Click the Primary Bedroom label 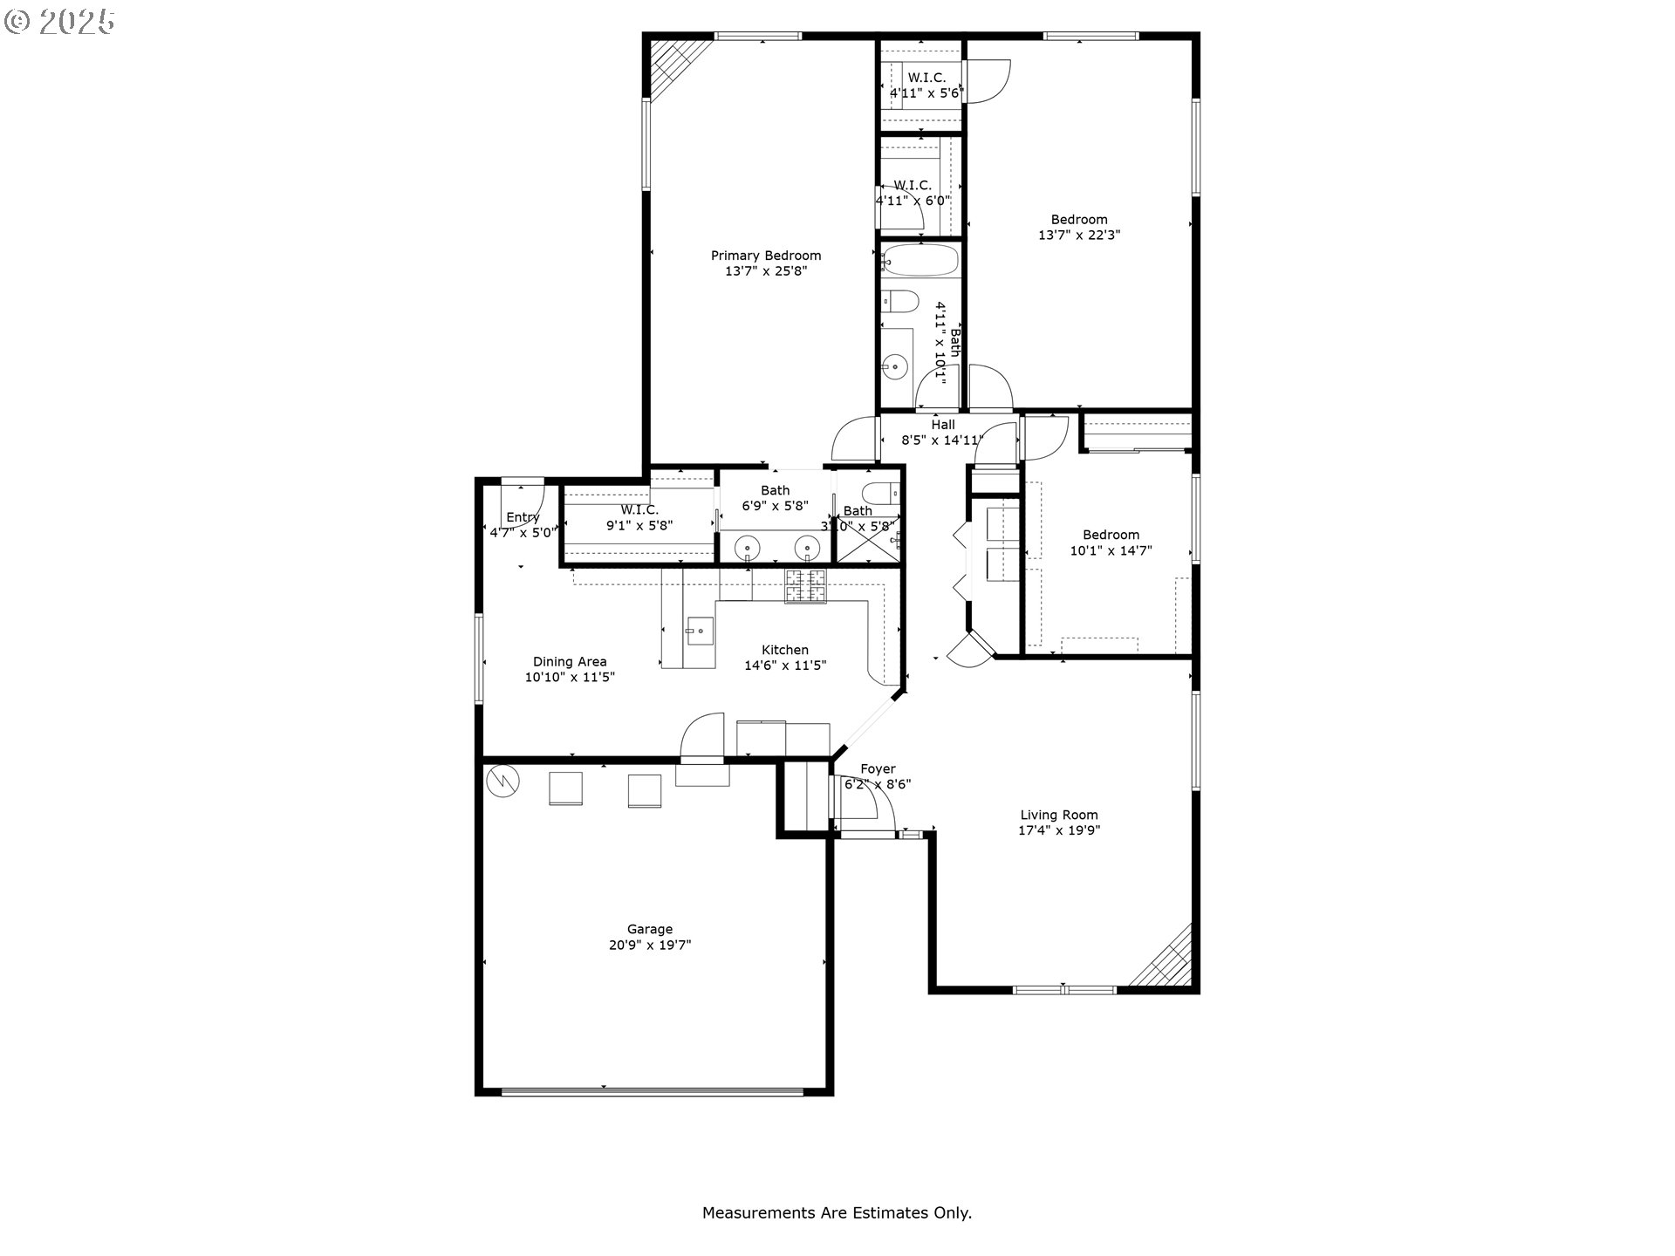pos(765,256)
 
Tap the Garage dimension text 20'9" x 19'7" pos(650,945)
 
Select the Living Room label pos(1058,815)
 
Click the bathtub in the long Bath pos(920,260)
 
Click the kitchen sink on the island pos(700,630)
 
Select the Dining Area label pos(570,662)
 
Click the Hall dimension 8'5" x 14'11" pos(941,440)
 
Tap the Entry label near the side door pos(523,517)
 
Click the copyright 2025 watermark pos(59,22)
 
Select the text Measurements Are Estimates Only pos(837,1212)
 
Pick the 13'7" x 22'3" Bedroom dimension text pos(1078,235)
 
